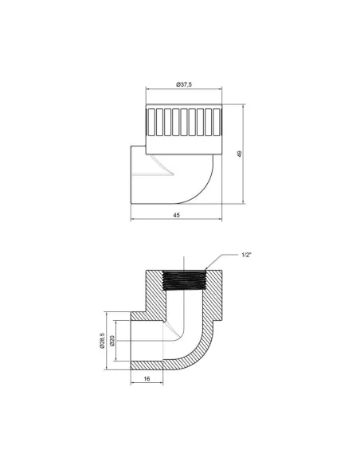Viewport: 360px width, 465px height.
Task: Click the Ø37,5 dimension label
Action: [x=183, y=84]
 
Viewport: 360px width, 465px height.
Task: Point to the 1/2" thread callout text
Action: [x=248, y=255]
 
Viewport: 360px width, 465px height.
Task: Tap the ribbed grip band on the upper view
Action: [x=183, y=123]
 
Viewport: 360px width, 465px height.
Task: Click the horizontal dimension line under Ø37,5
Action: [x=183, y=90]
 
